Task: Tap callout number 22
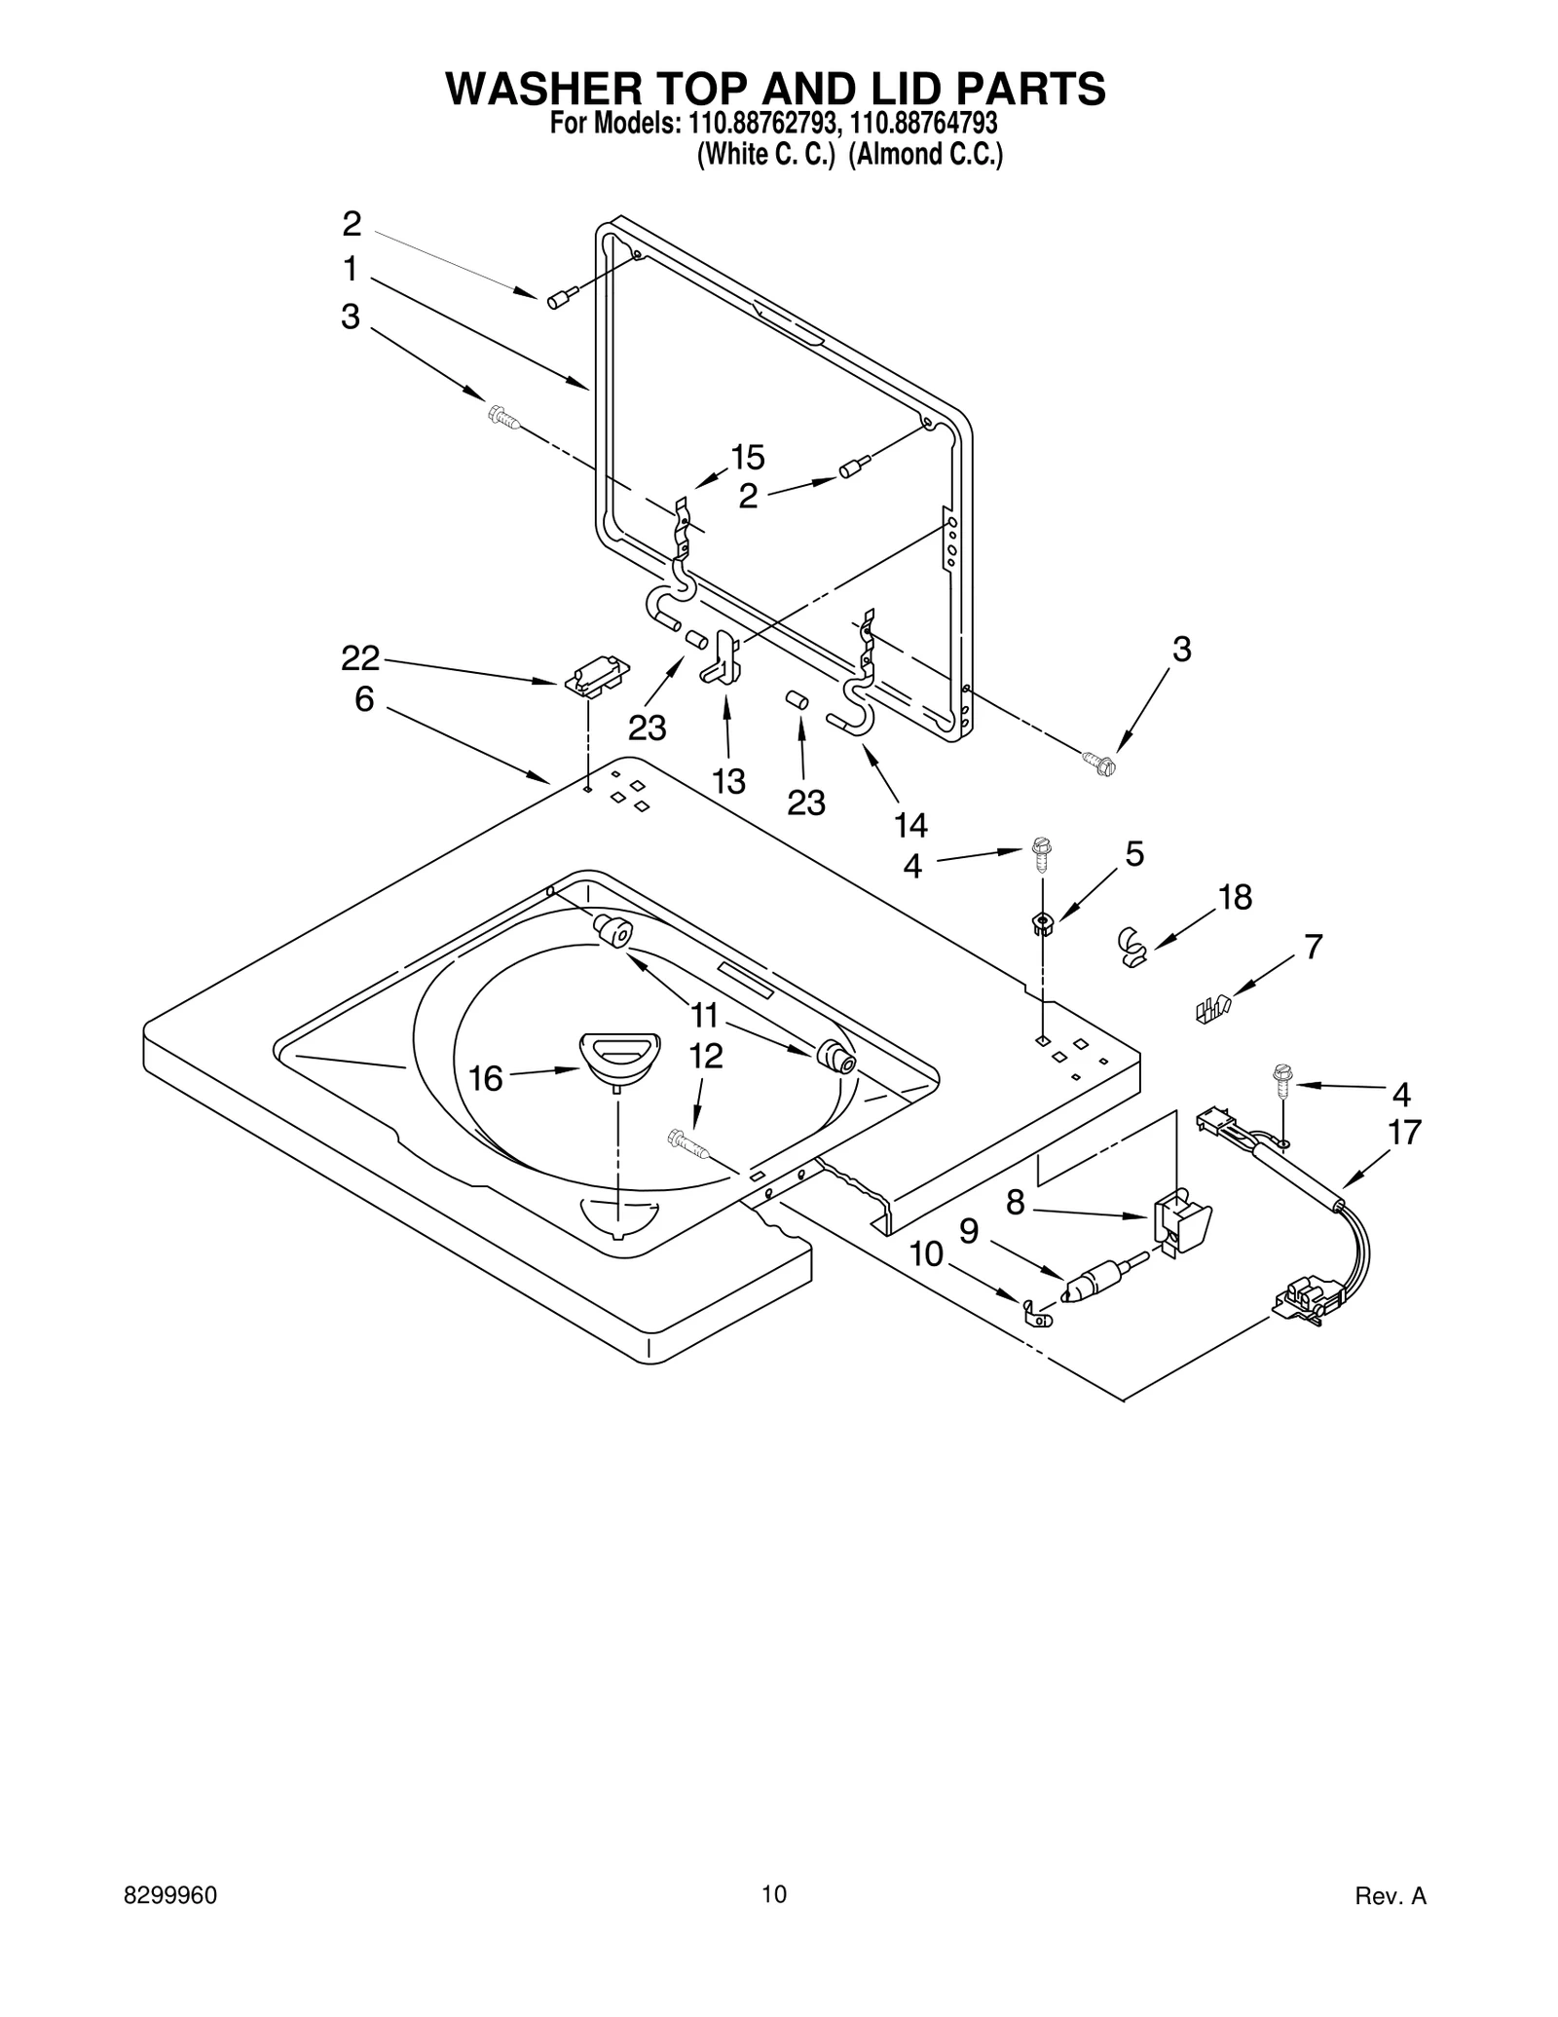(x=359, y=658)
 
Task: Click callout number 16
(x=485, y=1078)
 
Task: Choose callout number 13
(x=728, y=780)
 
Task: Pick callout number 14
(x=910, y=825)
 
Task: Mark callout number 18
(x=1235, y=897)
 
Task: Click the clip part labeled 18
(x=1131, y=945)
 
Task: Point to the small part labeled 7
(x=1212, y=1009)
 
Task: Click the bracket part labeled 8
(x=1181, y=1222)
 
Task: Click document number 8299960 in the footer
(x=170, y=1895)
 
